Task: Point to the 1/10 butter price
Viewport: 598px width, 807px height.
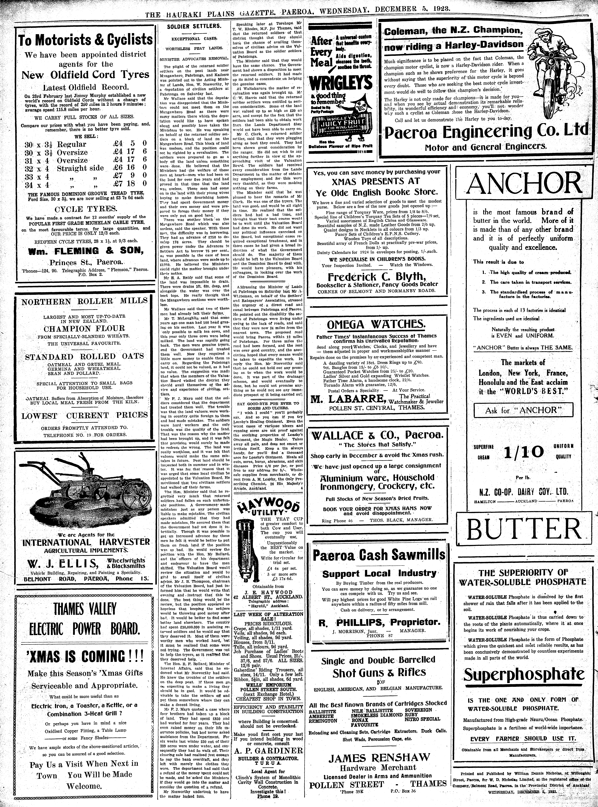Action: point(523,452)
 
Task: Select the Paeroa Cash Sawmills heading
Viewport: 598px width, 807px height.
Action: point(379,555)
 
